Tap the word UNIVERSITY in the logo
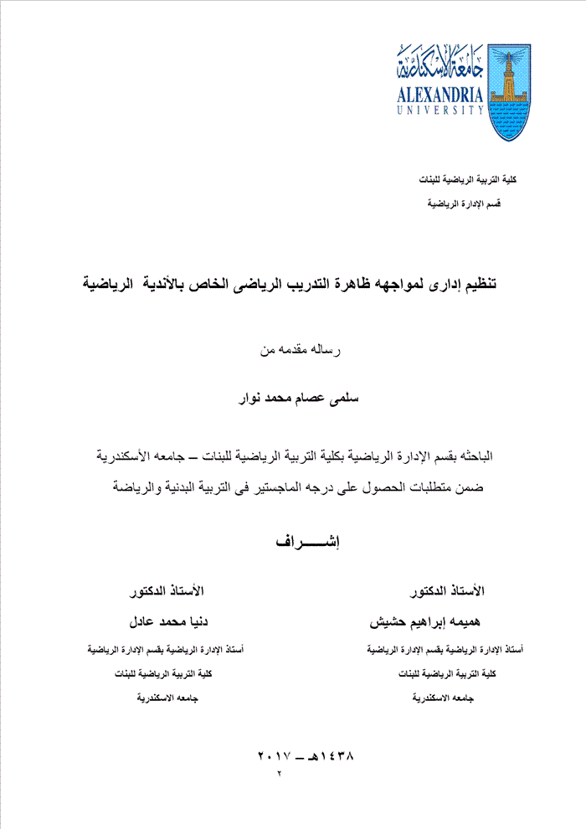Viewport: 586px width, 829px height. click(440, 109)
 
